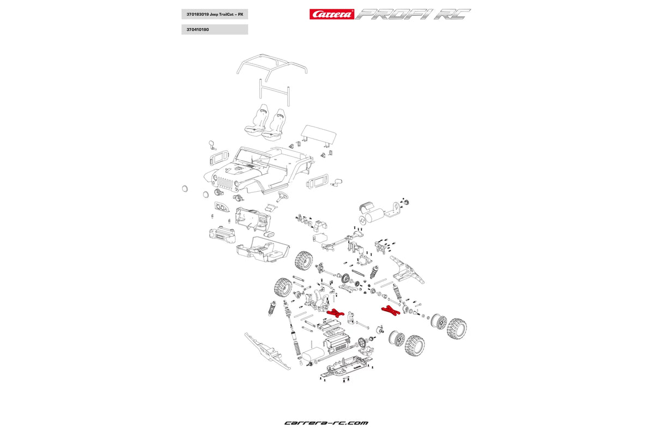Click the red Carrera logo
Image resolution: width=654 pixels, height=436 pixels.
coord(332,14)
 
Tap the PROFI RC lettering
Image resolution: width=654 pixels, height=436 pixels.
coord(413,14)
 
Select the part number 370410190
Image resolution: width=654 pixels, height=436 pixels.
coord(198,29)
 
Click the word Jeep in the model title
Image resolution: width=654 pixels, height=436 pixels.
coord(214,14)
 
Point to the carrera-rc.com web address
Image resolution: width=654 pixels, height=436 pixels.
coord(326,423)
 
